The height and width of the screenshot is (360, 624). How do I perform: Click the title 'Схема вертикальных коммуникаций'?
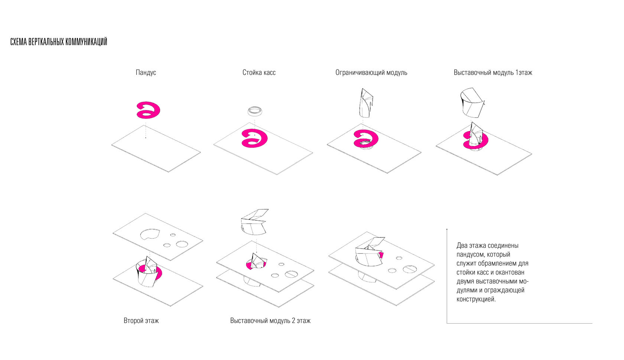pos(59,42)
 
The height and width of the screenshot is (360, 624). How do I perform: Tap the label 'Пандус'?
pos(146,72)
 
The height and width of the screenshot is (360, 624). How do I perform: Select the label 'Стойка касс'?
pos(259,72)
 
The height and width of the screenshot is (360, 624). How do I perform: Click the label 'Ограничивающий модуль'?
pos(371,72)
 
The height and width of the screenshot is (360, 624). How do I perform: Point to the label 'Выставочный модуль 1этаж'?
pos(493,72)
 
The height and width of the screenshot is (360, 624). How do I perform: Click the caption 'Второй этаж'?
pos(141,321)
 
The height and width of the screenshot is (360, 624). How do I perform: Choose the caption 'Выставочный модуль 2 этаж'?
pos(270,321)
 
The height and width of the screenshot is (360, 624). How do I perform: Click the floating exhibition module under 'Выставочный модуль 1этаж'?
pos(471,102)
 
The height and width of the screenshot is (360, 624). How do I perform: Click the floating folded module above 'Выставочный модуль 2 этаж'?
pos(254,222)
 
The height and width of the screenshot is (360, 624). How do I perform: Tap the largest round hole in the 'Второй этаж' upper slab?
pos(182,244)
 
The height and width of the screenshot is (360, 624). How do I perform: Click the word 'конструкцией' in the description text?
pos(476,299)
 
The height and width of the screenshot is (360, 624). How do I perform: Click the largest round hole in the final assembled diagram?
pos(410,269)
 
